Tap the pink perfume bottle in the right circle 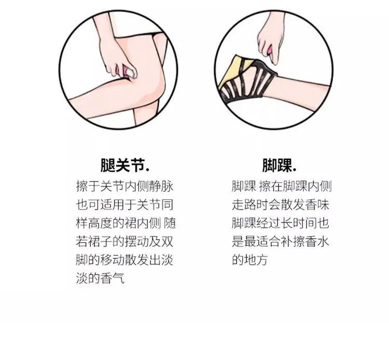tap(270, 50)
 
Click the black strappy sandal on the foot tap(248, 79)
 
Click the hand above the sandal tap(270, 40)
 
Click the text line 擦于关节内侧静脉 tap(124, 186)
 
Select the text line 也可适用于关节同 tap(124, 205)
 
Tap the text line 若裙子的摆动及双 tap(124, 241)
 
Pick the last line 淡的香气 tap(100, 278)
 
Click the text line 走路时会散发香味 tap(281, 205)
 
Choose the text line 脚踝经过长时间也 tap(281, 223)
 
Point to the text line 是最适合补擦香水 tap(281, 241)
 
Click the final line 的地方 tap(250, 260)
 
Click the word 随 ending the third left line tap(170, 223)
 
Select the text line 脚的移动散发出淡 tap(124, 260)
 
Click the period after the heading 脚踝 tap(295, 170)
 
